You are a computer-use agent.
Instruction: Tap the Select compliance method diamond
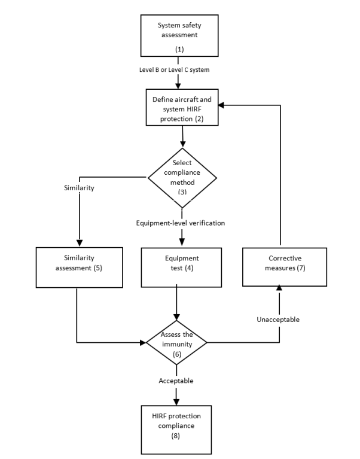(182, 177)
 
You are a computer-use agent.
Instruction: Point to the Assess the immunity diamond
(176, 343)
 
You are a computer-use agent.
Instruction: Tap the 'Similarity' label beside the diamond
(78, 187)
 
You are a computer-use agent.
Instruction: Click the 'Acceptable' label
(176, 380)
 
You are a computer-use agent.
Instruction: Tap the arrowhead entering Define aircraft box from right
(220, 105)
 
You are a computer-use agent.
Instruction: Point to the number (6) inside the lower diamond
(176, 354)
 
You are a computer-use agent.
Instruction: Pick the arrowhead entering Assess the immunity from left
(143, 343)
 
